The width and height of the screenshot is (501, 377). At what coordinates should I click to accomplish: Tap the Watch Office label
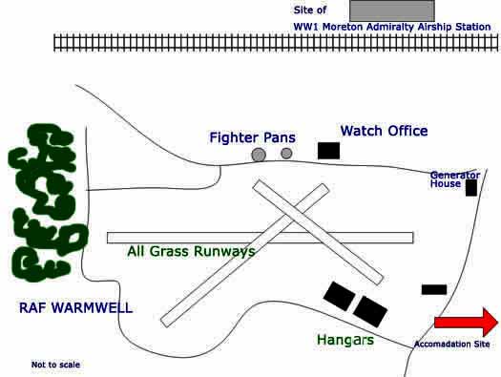pyautogui.click(x=384, y=131)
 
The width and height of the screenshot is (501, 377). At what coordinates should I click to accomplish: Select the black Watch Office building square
pyautogui.click(x=328, y=150)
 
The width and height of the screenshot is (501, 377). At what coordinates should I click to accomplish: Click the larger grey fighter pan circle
pyautogui.click(x=259, y=155)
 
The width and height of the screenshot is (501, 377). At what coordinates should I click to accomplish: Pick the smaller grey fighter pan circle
pyautogui.click(x=286, y=153)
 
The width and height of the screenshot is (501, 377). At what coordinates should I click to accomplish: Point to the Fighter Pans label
pyautogui.click(x=252, y=137)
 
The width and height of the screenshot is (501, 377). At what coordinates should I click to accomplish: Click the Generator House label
pyautogui.click(x=454, y=179)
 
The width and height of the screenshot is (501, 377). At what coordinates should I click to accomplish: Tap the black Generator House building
pyautogui.click(x=470, y=188)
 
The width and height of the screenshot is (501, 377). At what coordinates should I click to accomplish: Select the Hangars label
pyautogui.click(x=344, y=340)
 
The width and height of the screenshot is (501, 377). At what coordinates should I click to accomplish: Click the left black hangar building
pyautogui.click(x=338, y=296)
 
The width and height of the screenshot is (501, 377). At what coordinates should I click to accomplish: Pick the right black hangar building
pyautogui.click(x=370, y=310)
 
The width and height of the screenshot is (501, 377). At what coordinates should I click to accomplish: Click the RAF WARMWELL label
pyautogui.click(x=75, y=308)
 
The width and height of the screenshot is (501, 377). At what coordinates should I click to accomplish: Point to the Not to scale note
pyautogui.click(x=55, y=365)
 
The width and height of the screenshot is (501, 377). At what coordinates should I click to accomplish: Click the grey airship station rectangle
pyautogui.click(x=391, y=10)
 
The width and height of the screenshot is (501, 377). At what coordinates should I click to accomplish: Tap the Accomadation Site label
pyautogui.click(x=451, y=344)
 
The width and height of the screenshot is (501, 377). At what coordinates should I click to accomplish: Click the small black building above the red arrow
pyautogui.click(x=434, y=289)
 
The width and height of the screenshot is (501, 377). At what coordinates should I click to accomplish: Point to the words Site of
pyautogui.click(x=310, y=10)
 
